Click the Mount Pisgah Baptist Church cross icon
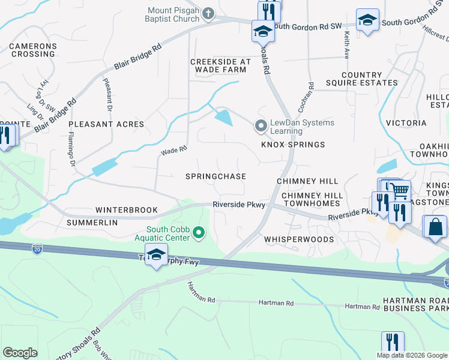pos(208,13)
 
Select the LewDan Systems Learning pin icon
pos(261,126)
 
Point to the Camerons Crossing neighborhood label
pos(33,50)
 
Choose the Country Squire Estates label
pos(361,79)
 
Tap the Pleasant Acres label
pos(106,124)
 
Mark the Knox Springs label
pos(293,145)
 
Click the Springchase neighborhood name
pos(215,176)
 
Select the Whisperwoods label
pos(299,239)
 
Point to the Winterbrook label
pos(126,210)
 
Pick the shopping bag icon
pos(435,227)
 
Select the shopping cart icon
pos(400,191)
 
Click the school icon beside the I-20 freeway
pos(156,255)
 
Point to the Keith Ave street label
pos(346,46)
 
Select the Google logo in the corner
pos(20,353)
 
